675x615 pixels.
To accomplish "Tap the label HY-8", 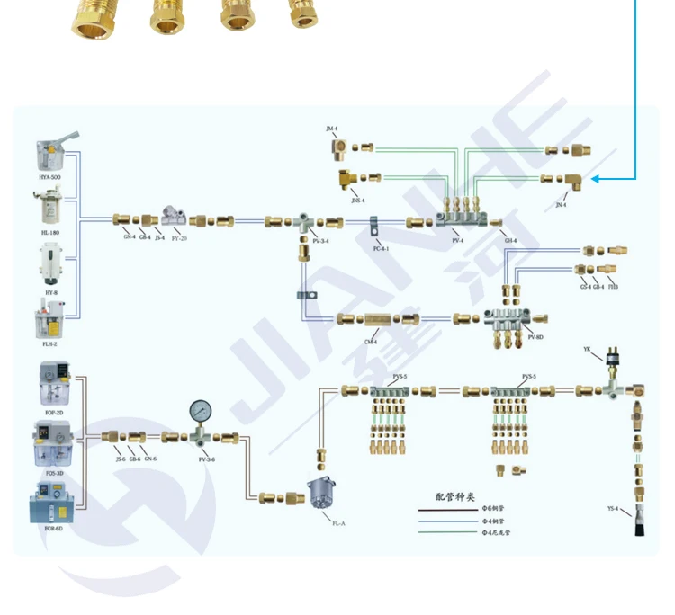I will click(x=50, y=292).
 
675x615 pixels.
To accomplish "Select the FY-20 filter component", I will click(x=175, y=217).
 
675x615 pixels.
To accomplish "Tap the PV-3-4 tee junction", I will click(x=306, y=220).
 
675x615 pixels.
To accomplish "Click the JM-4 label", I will click(x=332, y=129).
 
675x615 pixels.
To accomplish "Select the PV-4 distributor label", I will click(x=457, y=241).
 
